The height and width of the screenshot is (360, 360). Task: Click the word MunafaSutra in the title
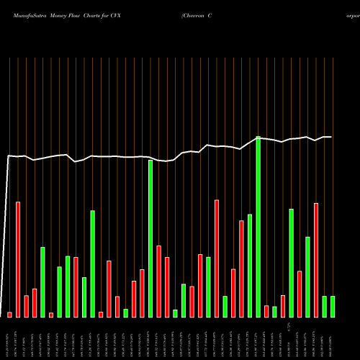click(x=28, y=14)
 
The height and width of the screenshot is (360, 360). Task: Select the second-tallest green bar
click(x=150, y=238)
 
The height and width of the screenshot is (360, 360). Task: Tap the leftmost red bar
click(x=9, y=315)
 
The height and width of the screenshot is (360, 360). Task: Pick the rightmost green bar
click(x=333, y=306)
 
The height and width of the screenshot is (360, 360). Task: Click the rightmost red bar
click(x=316, y=260)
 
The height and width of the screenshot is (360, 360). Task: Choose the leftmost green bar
click(x=42, y=282)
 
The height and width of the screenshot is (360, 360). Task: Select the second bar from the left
click(x=18, y=259)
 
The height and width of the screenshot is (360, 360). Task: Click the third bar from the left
click(x=26, y=306)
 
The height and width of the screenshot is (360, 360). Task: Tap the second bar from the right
click(x=324, y=306)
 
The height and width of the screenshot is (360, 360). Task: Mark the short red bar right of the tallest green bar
click(x=266, y=311)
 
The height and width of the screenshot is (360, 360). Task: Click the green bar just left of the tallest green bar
click(x=250, y=266)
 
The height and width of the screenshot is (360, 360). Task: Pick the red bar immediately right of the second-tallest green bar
click(x=158, y=281)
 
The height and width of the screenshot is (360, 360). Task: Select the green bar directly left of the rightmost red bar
click(x=307, y=276)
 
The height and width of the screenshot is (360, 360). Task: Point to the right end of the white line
click(x=332, y=137)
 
